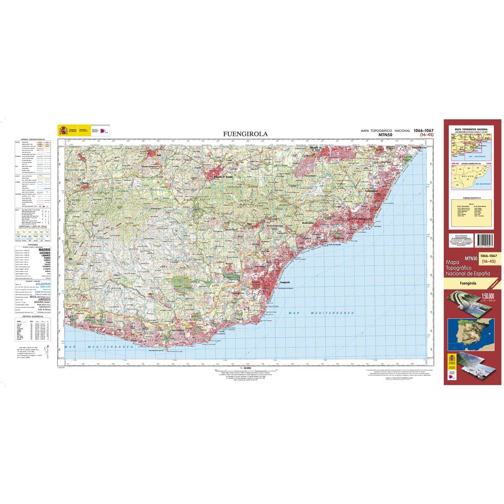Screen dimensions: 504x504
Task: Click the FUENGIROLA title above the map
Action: pyautogui.click(x=246, y=134)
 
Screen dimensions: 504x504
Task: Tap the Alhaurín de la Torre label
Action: pyautogui.click(x=315, y=149)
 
